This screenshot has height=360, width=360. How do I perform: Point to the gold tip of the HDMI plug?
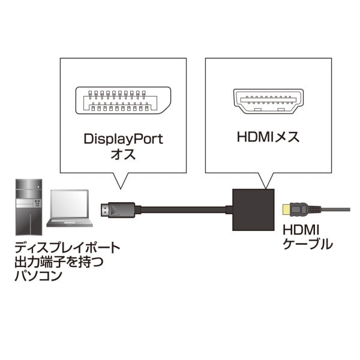click(x=286, y=209)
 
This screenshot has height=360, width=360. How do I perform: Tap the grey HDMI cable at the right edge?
click(x=339, y=209)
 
